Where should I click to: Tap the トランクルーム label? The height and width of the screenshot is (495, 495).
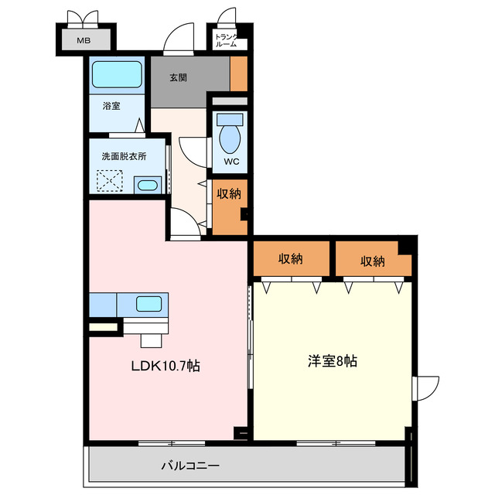point(227,40)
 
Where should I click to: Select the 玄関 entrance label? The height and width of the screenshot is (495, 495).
point(179,77)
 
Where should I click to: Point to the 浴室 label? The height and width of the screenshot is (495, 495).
point(111,107)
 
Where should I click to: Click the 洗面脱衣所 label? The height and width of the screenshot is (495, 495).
point(124,155)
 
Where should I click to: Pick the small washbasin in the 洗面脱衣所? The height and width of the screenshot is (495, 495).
point(146,186)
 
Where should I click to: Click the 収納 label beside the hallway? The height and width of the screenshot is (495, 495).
point(228,193)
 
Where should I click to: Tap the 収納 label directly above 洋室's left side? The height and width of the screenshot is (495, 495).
point(290,261)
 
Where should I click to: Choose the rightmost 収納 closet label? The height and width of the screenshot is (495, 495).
point(372,261)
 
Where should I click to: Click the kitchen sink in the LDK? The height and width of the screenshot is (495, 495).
point(148,304)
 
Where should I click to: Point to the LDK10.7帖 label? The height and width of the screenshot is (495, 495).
point(165,366)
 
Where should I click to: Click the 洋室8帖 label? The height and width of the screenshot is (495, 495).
point(333,360)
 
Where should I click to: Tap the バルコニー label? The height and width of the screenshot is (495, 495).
point(190,466)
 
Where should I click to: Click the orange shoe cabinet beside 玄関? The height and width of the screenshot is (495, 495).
point(239,75)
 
